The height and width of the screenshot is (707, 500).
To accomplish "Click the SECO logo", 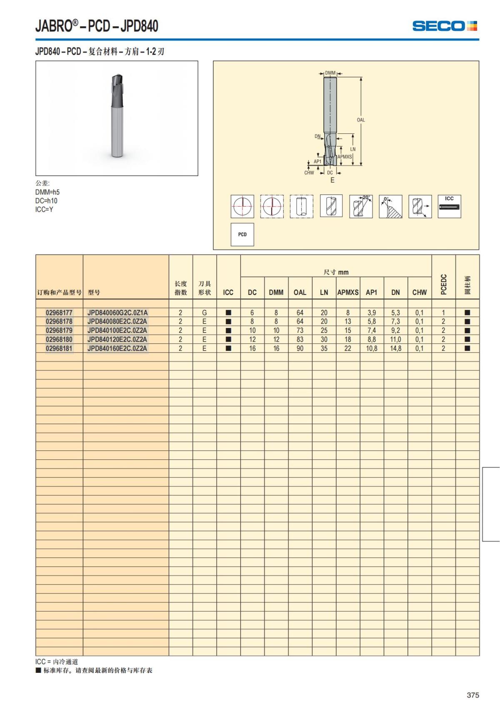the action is pyautogui.click(x=445, y=26).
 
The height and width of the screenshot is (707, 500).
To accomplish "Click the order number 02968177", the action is pyautogui.click(x=59, y=312).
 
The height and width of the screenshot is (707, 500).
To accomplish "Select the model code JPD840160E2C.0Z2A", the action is pyautogui.click(x=117, y=348).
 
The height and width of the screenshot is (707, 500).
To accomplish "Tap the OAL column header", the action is pyautogui.click(x=300, y=292).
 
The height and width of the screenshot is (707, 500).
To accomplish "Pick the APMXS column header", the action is pyautogui.click(x=348, y=292).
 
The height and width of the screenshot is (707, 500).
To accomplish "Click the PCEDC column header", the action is pyautogui.click(x=443, y=285).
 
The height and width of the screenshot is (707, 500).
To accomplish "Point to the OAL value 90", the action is pyautogui.click(x=300, y=348).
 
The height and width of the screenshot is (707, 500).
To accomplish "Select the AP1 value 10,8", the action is pyautogui.click(x=372, y=348).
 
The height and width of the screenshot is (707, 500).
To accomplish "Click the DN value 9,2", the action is pyautogui.click(x=395, y=330).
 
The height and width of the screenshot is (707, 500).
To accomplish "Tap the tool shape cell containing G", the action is pyautogui.click(x=205, y=312).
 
